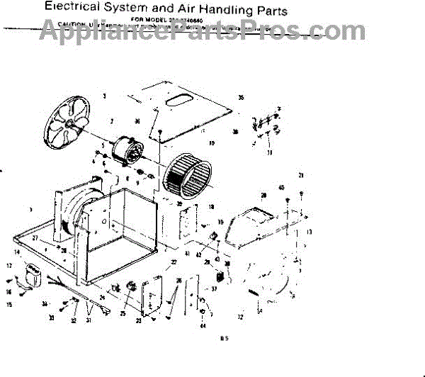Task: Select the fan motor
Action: pos(129,151)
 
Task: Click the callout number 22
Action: pos(174,263)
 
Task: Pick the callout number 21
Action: pos(301,175)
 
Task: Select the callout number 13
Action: pos(309,232)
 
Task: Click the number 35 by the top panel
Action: pos(241,97)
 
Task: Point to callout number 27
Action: pos(34,239)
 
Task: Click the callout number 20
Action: pos(263,195)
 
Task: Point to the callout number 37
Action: pos(213,289)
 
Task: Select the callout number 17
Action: pos(10,266)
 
